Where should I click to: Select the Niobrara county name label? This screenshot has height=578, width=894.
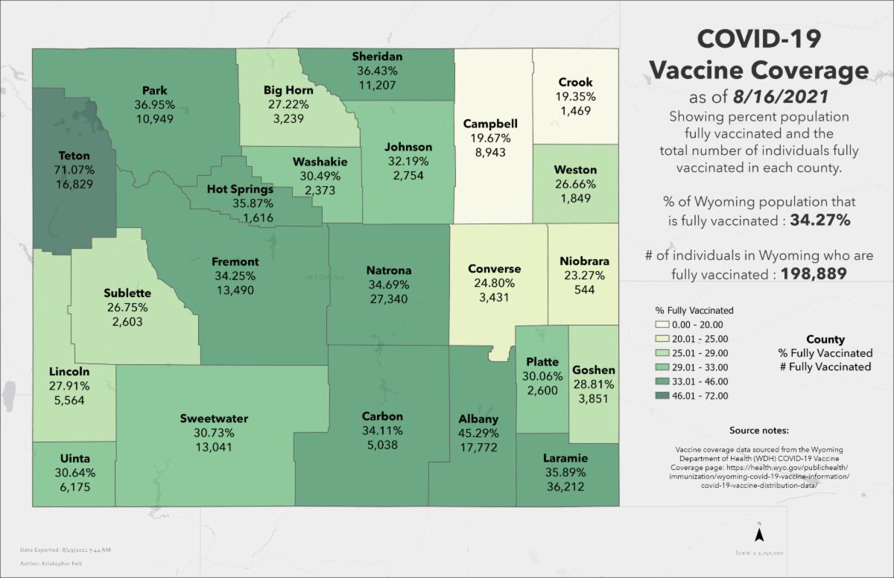coord(584,261)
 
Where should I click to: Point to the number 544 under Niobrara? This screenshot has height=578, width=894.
coord(584,290)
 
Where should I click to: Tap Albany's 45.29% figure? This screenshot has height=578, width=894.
coord(478,433)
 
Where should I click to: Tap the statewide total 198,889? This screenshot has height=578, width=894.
coord(814,273)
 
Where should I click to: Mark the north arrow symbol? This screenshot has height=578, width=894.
coord(758,533)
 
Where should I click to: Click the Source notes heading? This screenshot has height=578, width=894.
coord(759,431)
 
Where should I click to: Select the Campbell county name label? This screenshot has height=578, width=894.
coord(490,124)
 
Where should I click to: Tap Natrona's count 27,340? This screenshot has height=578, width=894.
coord(389,298)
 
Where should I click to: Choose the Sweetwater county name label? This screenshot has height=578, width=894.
coord(214,419)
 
